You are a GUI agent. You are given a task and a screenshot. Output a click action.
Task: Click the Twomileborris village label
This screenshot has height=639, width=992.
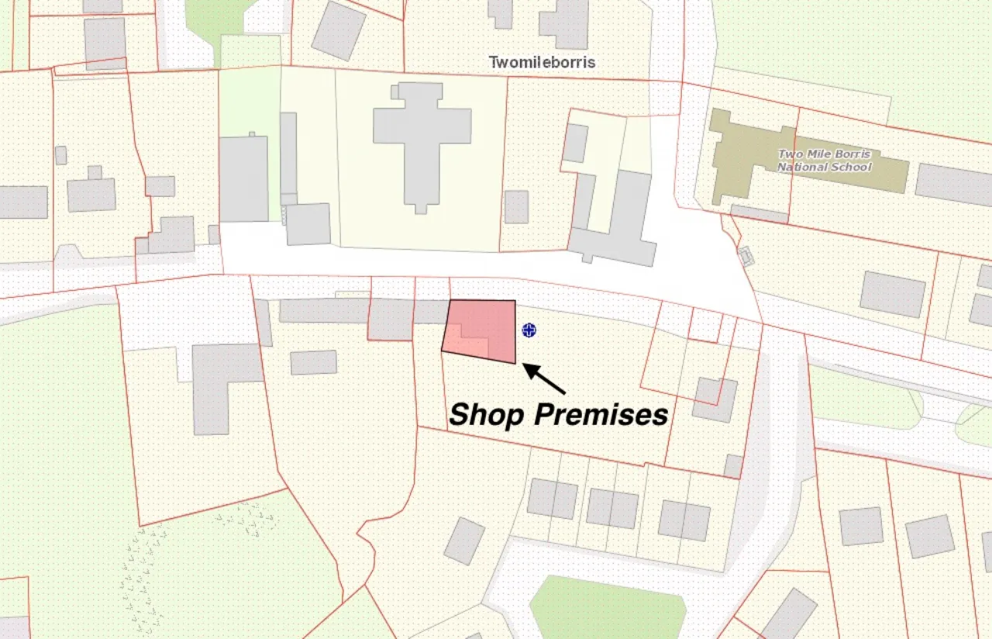[542, 62]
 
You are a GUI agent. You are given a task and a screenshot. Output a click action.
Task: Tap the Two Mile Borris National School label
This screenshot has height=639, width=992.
[824, 161]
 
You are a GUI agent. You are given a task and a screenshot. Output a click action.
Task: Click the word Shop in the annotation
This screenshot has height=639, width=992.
[486, 414]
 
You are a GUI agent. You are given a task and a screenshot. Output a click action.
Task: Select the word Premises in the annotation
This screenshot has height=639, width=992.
[601, 414]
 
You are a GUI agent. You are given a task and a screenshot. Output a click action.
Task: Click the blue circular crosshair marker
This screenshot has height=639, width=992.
[529, 330]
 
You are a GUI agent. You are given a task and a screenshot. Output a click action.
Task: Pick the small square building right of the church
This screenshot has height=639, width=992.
[516, 206]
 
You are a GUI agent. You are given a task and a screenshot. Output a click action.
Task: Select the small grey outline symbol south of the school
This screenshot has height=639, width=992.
[746, 255]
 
